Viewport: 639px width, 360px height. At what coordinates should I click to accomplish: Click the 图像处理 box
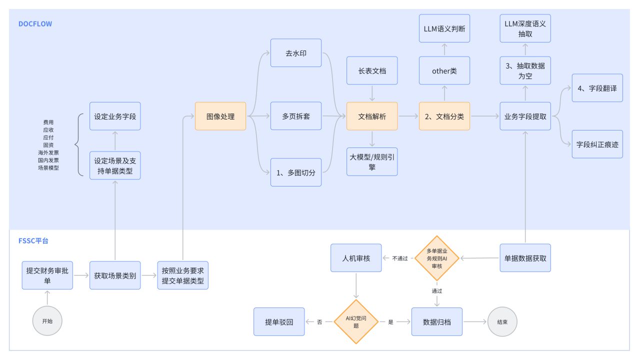point(220,116)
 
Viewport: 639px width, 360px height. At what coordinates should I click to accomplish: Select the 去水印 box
point(296,53)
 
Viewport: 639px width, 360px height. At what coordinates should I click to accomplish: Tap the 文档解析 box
point(372,116)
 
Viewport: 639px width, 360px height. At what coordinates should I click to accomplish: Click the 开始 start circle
point(47,321)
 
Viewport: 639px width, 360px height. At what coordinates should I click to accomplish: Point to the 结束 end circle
point(502,322)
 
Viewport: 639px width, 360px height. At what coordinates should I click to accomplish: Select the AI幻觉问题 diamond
point(356,322)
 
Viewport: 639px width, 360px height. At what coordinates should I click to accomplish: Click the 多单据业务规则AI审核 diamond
point(436,258)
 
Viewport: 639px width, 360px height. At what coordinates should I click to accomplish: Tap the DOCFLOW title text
point(35,24)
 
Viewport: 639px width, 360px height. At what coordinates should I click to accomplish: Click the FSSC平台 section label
point(33,241)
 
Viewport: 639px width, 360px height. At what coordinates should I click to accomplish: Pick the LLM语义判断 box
point(444,28)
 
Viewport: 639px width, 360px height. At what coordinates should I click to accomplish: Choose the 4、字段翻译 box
point(597,88)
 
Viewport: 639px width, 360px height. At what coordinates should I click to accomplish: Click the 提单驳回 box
point(279,322)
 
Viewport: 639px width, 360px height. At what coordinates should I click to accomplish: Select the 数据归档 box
point(436,322)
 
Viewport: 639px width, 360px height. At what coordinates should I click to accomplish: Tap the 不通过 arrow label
point(400,258)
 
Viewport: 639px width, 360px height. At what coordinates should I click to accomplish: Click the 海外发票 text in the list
point(48,152)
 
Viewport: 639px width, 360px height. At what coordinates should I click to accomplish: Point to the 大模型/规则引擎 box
point(372,161)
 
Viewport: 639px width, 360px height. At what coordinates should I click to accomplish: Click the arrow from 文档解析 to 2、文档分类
point(408,116)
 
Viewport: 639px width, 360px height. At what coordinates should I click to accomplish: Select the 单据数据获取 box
point(525,258)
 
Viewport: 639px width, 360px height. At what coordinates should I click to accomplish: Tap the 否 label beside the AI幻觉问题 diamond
point(319,322)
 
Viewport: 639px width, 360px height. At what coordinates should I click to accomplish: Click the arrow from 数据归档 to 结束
point(475,322)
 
